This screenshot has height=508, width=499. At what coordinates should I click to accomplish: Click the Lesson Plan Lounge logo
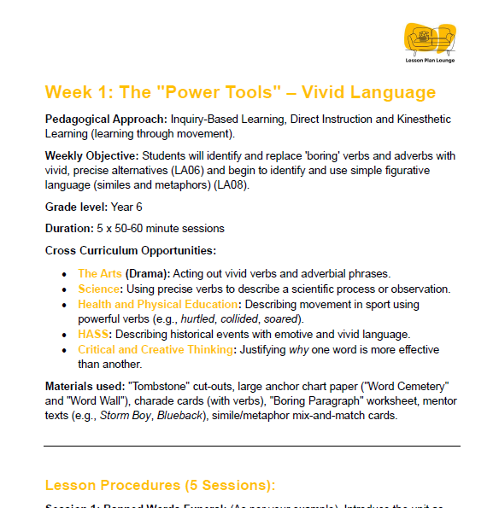(431, 42)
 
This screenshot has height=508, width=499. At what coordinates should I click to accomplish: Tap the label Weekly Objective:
(91, 156)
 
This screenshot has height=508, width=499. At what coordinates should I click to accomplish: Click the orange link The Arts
(100, 274)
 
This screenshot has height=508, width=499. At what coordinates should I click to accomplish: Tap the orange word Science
(99, 289)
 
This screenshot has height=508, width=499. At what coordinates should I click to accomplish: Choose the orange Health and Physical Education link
(157, 305)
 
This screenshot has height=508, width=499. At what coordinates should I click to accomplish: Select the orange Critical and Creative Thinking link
(155, 350)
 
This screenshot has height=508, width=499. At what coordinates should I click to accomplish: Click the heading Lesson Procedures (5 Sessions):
(160, 486)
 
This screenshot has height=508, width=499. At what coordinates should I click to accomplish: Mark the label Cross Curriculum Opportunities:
(131, 251)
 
